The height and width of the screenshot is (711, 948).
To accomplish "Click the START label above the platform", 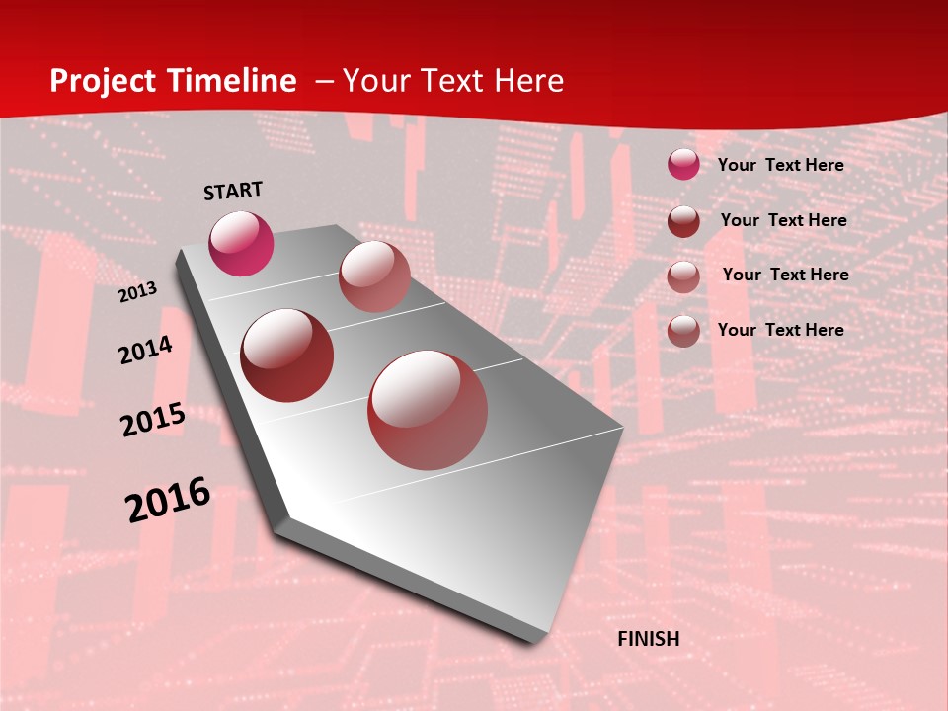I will tap(233, 191).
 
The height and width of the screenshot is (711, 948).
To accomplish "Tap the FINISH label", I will tap(649, 639).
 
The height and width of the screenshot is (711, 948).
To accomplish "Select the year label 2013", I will tap(137, 292).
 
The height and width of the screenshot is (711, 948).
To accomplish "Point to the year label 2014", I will tap(145, 350).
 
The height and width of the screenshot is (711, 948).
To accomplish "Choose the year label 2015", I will tap(153, 420).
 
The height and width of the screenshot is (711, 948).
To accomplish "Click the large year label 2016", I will tap(168, 500).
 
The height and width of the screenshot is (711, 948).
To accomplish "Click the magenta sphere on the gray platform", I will tap(241, 243).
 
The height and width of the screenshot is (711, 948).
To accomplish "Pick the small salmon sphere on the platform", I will tap(374, 276).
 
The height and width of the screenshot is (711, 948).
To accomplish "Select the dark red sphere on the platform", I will tap(287, 355).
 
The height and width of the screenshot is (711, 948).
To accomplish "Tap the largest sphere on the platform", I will tap(428, 410).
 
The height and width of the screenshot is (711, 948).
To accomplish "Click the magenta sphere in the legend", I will tap(683, 164).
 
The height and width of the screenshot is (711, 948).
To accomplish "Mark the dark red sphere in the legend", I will tap(683, 220).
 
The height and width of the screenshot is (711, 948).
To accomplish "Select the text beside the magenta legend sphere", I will tap(780, 165).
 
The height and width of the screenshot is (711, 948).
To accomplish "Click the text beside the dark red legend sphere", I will tap(783, 220).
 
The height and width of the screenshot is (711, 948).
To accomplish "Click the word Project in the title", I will tap(100, 81).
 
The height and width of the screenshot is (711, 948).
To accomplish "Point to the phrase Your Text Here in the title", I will tap(453, 81).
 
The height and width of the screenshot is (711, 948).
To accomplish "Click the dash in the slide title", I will tap(323, 81).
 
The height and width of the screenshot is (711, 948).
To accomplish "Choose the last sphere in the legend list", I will tap(683, 331).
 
